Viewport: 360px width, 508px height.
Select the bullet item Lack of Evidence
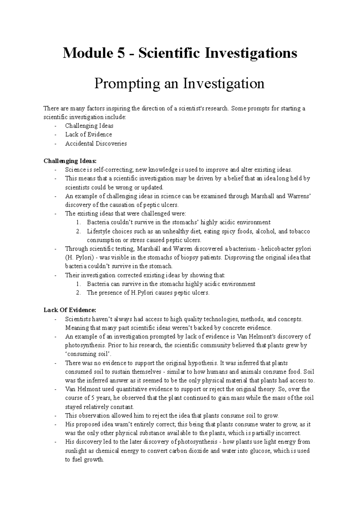[x=88, y=134]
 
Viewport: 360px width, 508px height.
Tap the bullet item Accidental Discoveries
[x=96, y=143]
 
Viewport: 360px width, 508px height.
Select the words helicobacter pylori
[x=286, y=249]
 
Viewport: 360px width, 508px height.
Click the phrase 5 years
[x=101, y=398]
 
